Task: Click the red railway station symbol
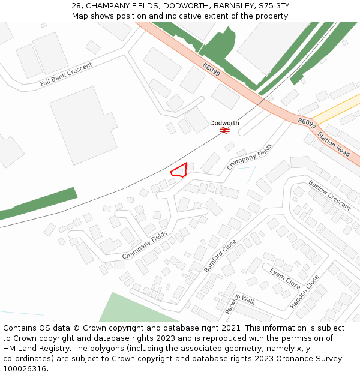[224, 130]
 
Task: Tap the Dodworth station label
[224, 123]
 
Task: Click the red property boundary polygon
[179, 170]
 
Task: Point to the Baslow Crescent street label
[329, 195]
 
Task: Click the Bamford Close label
[220, 257]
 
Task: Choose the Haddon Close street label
[305, 292]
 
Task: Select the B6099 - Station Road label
[324, 137]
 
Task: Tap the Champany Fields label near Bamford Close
[145, 245]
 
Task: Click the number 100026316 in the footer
[25, 369]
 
